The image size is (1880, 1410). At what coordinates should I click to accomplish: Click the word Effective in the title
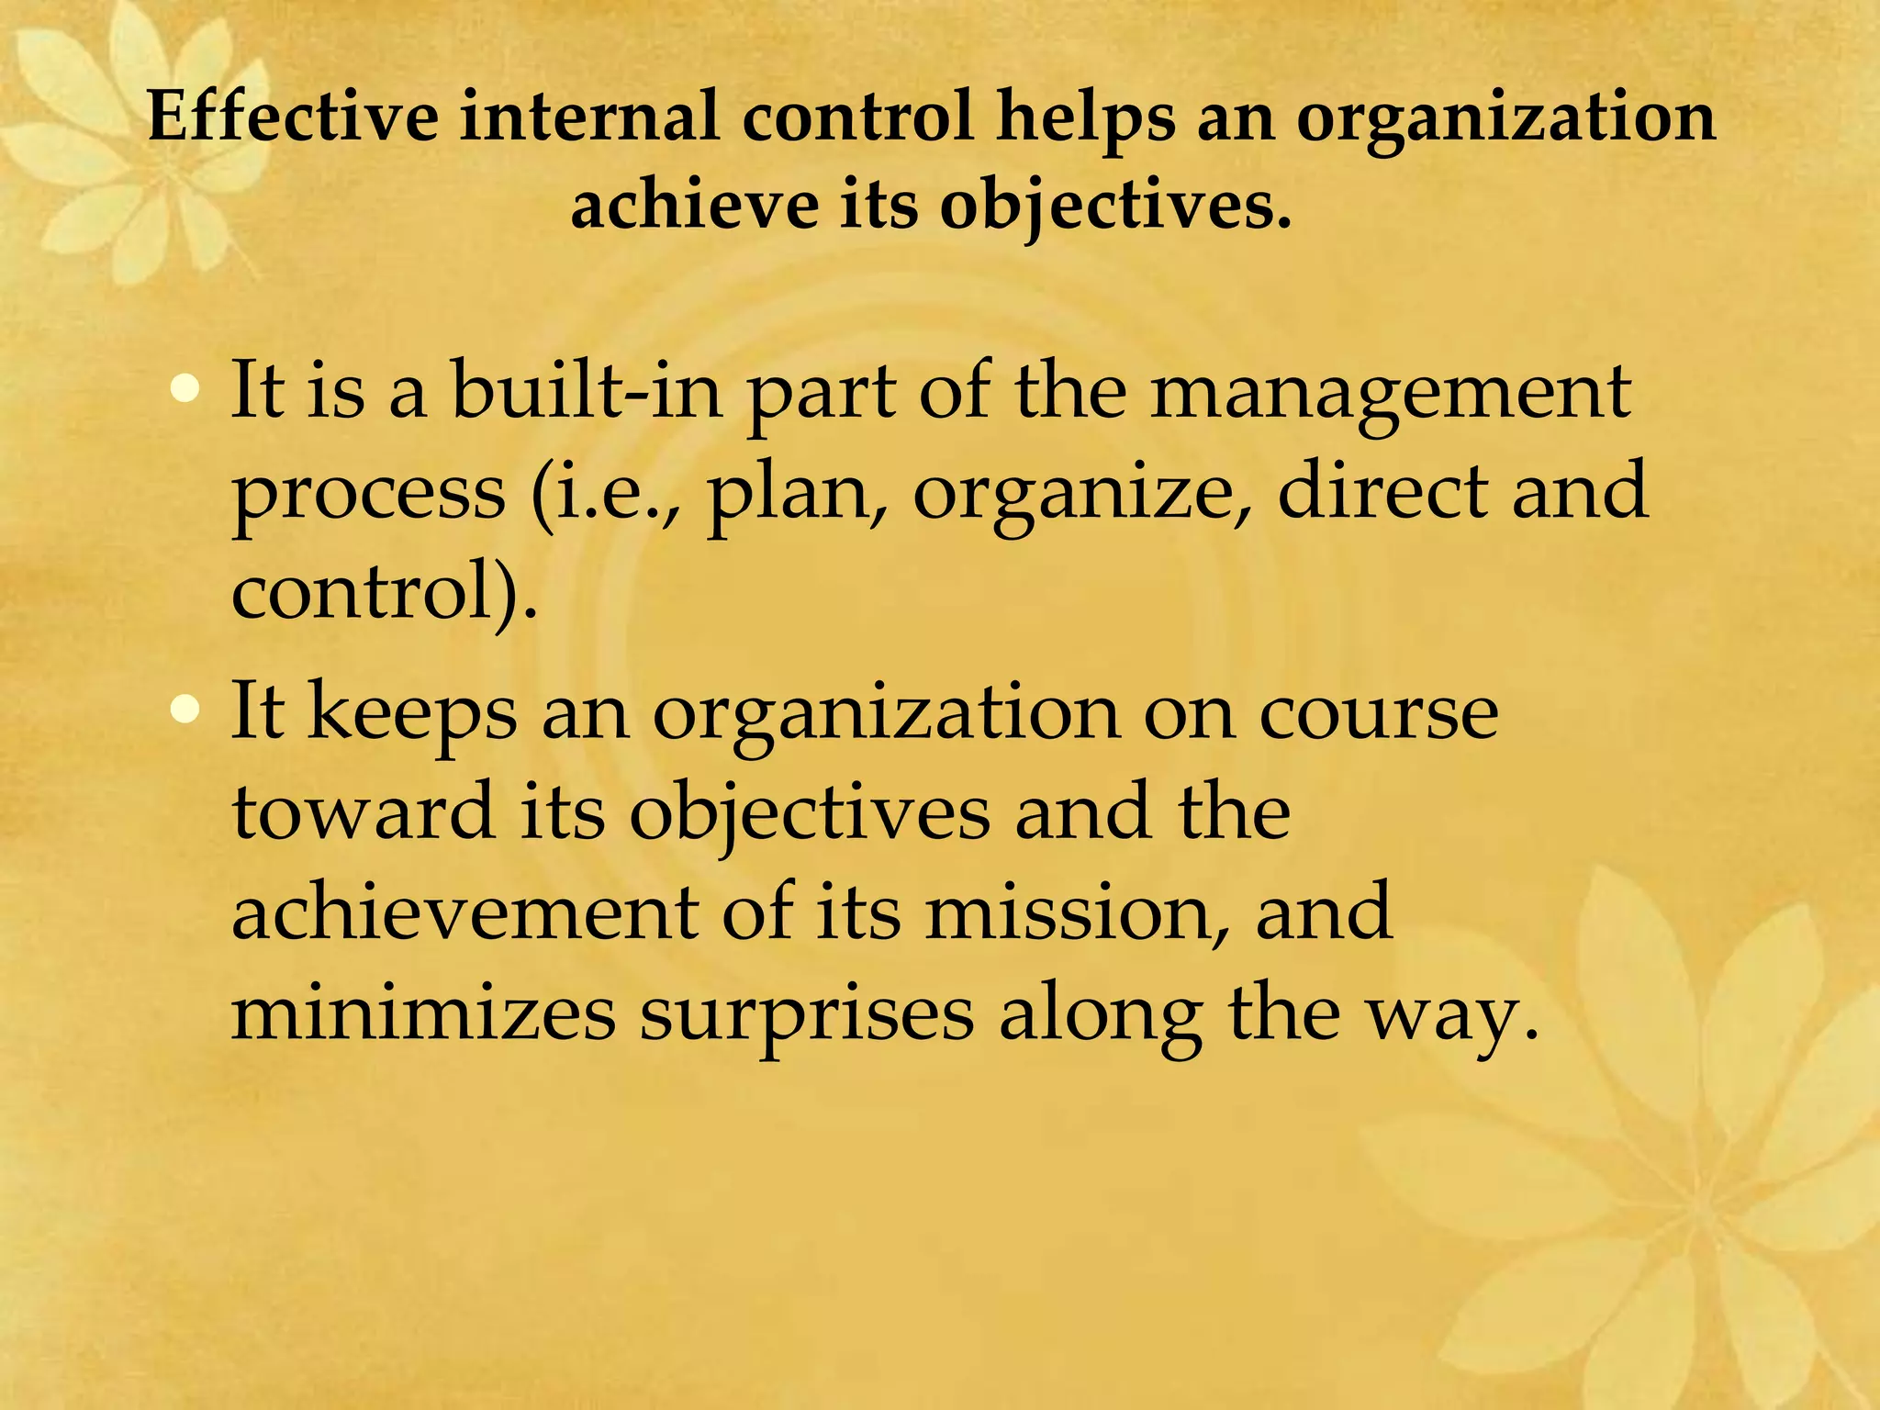[293, 117]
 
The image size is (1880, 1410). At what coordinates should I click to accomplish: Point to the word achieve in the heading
[694, 206]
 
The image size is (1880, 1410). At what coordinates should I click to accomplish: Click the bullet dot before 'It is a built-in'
[185, 389]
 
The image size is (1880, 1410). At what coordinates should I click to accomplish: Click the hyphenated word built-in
[587, 391]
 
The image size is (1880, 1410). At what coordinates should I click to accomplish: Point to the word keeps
[412, 714]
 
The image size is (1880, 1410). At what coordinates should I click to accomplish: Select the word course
[1378, 714]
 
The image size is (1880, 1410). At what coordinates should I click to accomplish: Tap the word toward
[364, 811]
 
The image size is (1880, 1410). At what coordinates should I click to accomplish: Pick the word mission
[1076, 912]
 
